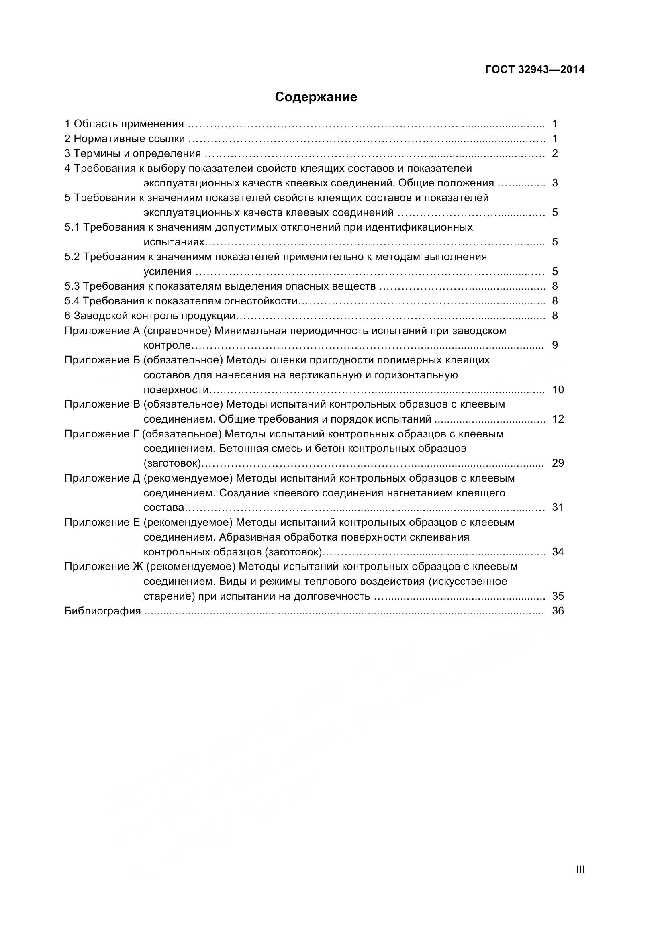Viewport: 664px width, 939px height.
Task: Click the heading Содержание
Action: coord(316,97)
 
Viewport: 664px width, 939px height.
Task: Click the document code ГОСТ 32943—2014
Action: coord(535,70)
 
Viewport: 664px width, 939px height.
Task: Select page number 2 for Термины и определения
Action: coord(555,154)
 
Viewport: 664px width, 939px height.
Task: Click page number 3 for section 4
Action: coord(555,183)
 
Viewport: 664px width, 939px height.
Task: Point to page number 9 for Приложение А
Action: coord(555,345)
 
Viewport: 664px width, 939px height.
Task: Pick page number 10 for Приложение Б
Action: coord(558,390)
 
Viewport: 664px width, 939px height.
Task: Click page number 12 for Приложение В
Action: coord(558,419)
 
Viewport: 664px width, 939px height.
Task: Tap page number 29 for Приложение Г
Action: coord(558,463)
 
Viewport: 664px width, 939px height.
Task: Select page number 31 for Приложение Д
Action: coord(558,508)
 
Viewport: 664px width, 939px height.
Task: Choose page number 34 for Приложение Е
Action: coord(558,552)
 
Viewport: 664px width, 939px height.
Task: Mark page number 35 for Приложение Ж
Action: coord(558,596)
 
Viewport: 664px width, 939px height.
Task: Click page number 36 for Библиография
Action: coord(558,611)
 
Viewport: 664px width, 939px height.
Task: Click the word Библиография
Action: coord(103,611)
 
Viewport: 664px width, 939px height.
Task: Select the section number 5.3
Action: coord(72,286)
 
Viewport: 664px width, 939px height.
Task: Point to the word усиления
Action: coord(168,272)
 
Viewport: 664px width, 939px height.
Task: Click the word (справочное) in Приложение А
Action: coord(177,331)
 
